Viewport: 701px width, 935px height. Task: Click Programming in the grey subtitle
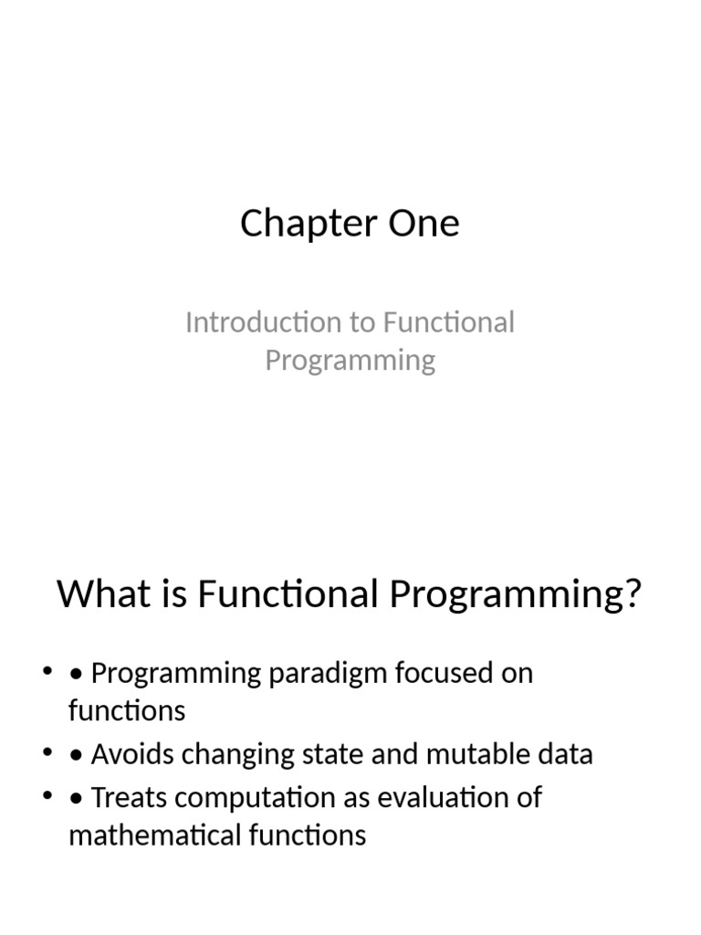point(350,361)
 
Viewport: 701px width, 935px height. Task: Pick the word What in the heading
point(99,594)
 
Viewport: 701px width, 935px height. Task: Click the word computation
point(253,798)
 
